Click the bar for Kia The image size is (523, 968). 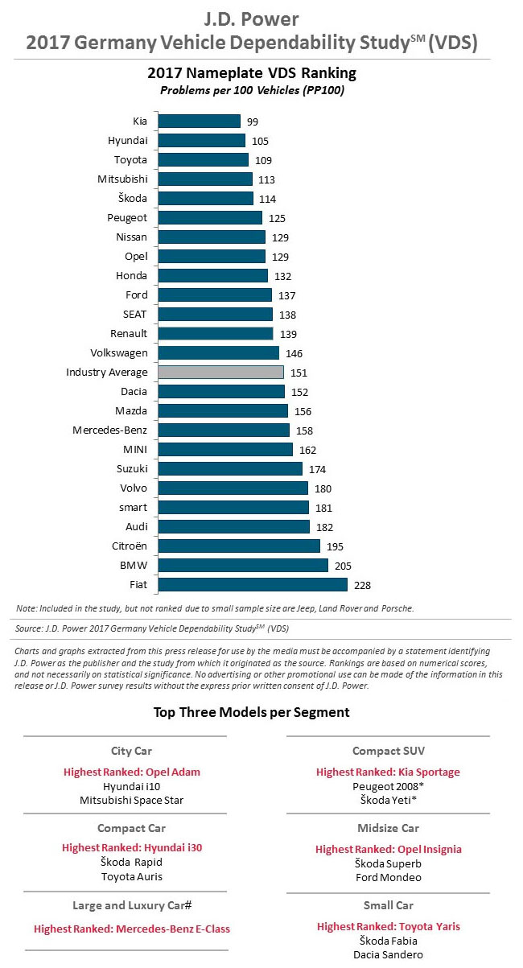(200, 122)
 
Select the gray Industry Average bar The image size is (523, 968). (221, 373)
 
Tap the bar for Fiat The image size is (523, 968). (253, 585)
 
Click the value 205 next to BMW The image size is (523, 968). (343, 566)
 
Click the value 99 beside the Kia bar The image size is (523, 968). (253, 122)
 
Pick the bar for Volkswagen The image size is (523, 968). (219, 353)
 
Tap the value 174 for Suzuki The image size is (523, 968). (317, 469)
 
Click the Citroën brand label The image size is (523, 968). (129, 546)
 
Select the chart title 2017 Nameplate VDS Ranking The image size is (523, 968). (252, 73)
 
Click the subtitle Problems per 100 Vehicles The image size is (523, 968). (252, 90)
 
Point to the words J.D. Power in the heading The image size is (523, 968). (252, 18)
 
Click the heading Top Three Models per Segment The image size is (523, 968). (252, 712)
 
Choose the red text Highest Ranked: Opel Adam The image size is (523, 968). (132, 772)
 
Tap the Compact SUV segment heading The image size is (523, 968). (389, 752)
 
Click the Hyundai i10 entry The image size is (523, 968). (132, 786)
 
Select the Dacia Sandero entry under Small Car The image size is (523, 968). (389, 955)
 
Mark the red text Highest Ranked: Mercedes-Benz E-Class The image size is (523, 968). (132, 929)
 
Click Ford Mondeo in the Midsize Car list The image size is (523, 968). (389, 877)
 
